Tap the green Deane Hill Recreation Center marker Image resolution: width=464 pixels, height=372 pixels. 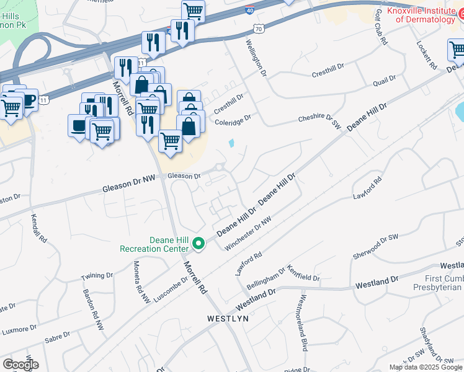click(x=199, y=244)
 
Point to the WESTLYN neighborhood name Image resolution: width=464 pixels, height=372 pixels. click(x=227, y=318)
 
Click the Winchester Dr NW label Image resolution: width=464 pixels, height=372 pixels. click(x=248, y=234)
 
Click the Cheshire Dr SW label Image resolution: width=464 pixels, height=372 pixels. click(x=320, y=120)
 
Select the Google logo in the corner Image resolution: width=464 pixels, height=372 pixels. click(x=20, y=365)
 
